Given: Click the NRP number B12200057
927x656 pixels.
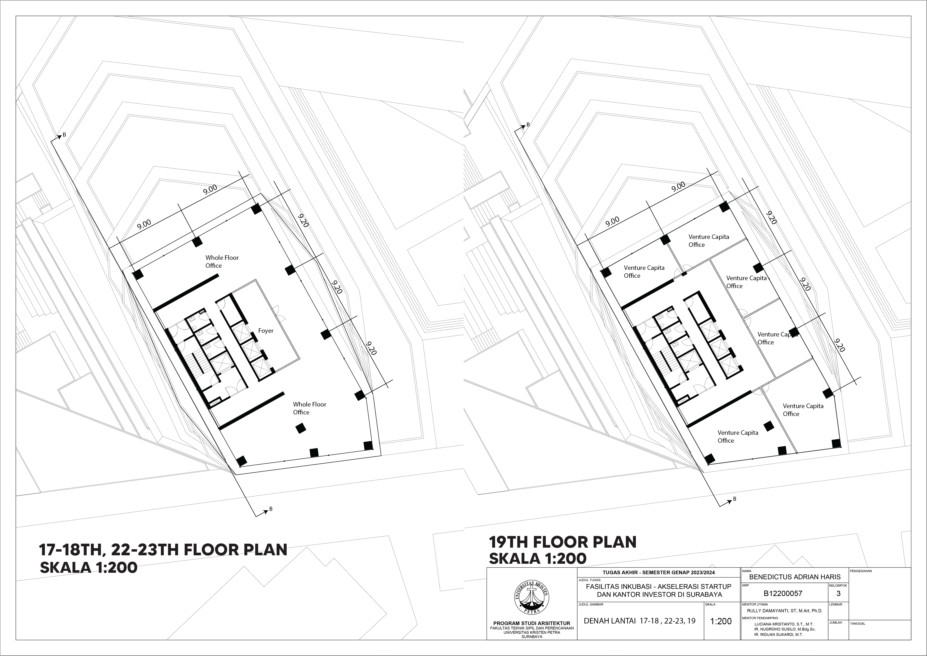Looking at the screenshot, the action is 783,593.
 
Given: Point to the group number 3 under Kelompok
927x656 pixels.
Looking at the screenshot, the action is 839,593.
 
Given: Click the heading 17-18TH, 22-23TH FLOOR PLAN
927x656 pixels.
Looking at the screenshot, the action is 163,550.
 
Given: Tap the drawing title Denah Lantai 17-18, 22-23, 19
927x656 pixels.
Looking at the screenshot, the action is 640,621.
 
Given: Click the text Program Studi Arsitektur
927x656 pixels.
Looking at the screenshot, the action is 532,623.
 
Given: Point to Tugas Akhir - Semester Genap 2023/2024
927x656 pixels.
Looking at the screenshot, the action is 659,572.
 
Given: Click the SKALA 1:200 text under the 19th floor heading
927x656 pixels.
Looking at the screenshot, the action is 537,558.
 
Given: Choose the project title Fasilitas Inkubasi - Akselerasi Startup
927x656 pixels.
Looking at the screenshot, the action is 659,586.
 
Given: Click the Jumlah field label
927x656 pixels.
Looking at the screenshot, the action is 836,622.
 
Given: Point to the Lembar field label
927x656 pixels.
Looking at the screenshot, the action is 836,605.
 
